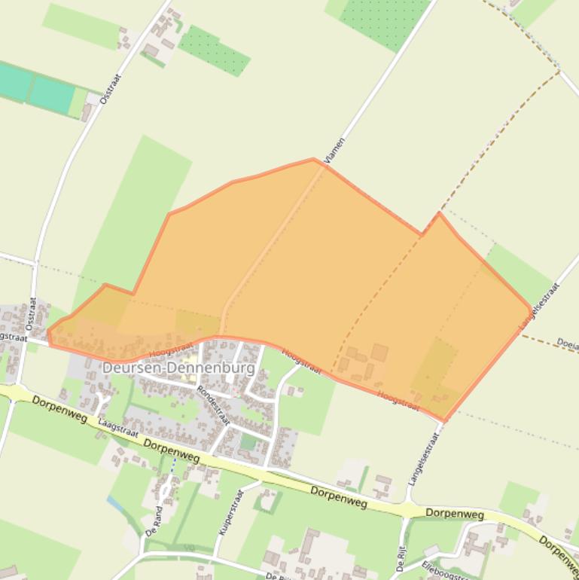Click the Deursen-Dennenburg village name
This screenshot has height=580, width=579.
(178, 368)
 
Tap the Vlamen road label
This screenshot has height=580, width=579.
(334, 151)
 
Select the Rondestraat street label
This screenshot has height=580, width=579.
(213, 406)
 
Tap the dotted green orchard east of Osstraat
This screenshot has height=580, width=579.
(215, 50)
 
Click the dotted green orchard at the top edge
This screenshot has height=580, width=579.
(384, 19)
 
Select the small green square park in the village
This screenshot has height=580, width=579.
(248, 442)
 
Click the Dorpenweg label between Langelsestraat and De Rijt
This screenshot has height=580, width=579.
(454, 514)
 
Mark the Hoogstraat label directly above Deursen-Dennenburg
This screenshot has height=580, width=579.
(171, 348)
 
